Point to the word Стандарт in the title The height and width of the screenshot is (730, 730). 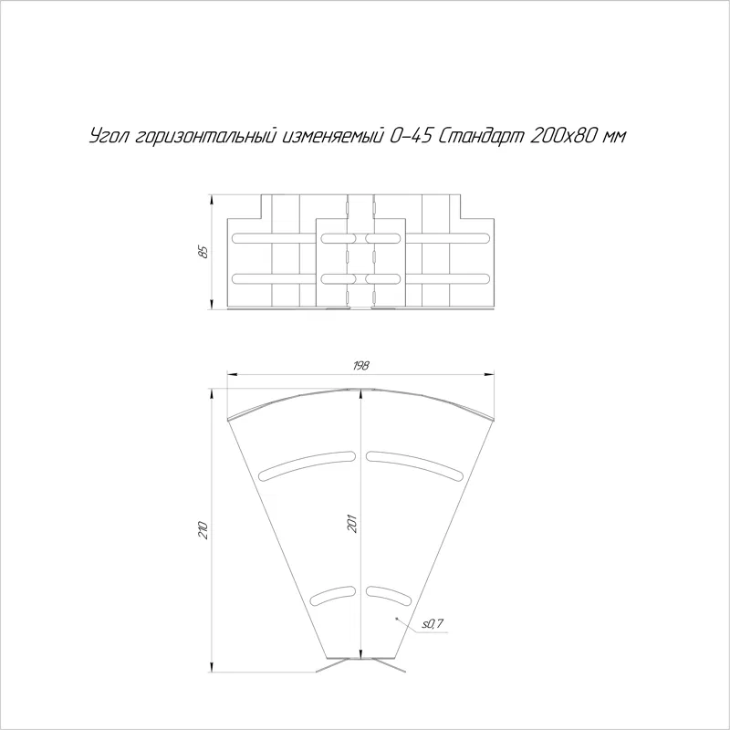point(482,136)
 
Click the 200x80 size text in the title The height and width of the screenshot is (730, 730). point(563,135)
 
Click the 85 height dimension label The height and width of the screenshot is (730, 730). point(203,252)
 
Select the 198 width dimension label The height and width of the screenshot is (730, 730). point(360,366)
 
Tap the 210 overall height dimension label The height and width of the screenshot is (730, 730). point(203,530)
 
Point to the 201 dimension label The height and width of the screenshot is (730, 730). point(352,523)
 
